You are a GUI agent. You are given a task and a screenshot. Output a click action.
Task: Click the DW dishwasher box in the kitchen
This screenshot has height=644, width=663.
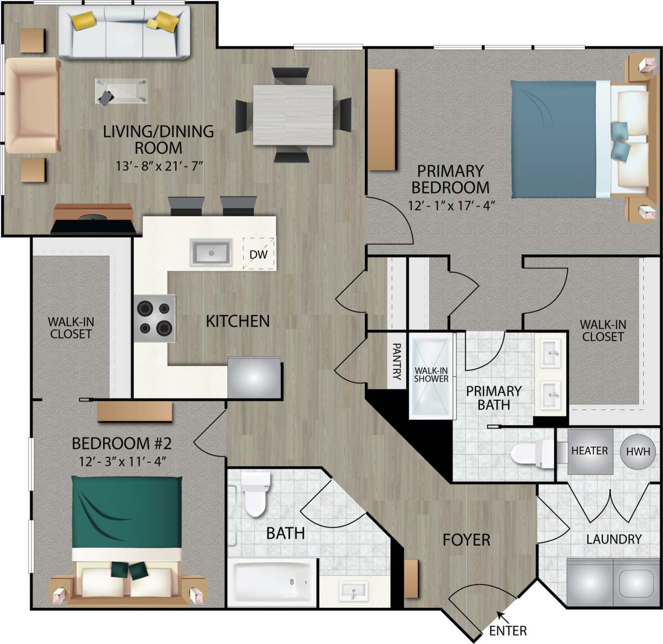coord(258,254)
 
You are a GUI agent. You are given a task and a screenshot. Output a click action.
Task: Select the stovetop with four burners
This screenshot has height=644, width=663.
coord(154,318)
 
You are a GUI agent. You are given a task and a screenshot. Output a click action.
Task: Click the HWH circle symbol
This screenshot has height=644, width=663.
coord(638,451)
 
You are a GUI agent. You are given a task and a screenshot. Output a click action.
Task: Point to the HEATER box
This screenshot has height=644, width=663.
coord(589,451)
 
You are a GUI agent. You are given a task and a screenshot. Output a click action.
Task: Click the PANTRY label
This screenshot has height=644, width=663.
coord(397,361)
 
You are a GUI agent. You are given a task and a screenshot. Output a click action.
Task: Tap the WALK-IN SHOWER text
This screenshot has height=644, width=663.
coord(431,375)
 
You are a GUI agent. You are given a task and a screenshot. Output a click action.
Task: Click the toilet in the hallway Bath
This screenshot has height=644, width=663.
coord(255,494)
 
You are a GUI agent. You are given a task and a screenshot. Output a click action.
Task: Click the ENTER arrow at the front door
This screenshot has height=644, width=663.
coord(501,616)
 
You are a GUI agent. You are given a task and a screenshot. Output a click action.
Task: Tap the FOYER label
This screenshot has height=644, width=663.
coord(466,540)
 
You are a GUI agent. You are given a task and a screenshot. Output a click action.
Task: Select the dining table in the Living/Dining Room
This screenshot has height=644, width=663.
coord(293,115)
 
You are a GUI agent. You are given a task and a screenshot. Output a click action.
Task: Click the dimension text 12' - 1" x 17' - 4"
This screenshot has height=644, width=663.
coord(452,206)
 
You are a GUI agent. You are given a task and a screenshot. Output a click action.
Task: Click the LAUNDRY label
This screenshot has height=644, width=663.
coord(614,539)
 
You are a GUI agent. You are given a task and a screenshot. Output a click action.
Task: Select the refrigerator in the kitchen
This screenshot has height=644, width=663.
coord(254,377)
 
